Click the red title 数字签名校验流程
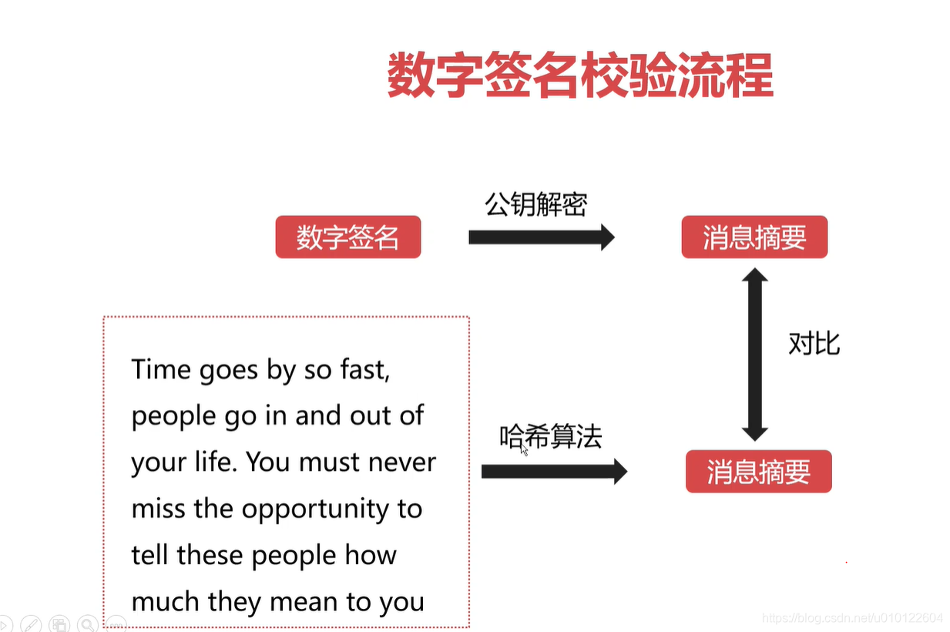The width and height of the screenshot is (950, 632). pos(579,76)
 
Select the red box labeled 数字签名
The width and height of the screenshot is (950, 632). pos(348,237)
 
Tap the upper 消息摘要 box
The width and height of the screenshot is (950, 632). pos(754,237)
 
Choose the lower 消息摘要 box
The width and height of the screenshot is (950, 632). pos(758,471)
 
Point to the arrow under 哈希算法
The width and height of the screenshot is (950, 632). pos(553,471)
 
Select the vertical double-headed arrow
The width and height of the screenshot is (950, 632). pos(755,354)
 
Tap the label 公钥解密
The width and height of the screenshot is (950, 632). pos(535,204)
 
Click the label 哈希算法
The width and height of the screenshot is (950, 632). pos(550,437)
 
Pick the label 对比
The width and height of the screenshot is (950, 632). pos(814,344)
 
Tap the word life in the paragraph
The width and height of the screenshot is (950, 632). pos(216,462)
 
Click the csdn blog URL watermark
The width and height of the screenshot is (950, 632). pos(851,618)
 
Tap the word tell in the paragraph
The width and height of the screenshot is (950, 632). pos(149,555)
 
